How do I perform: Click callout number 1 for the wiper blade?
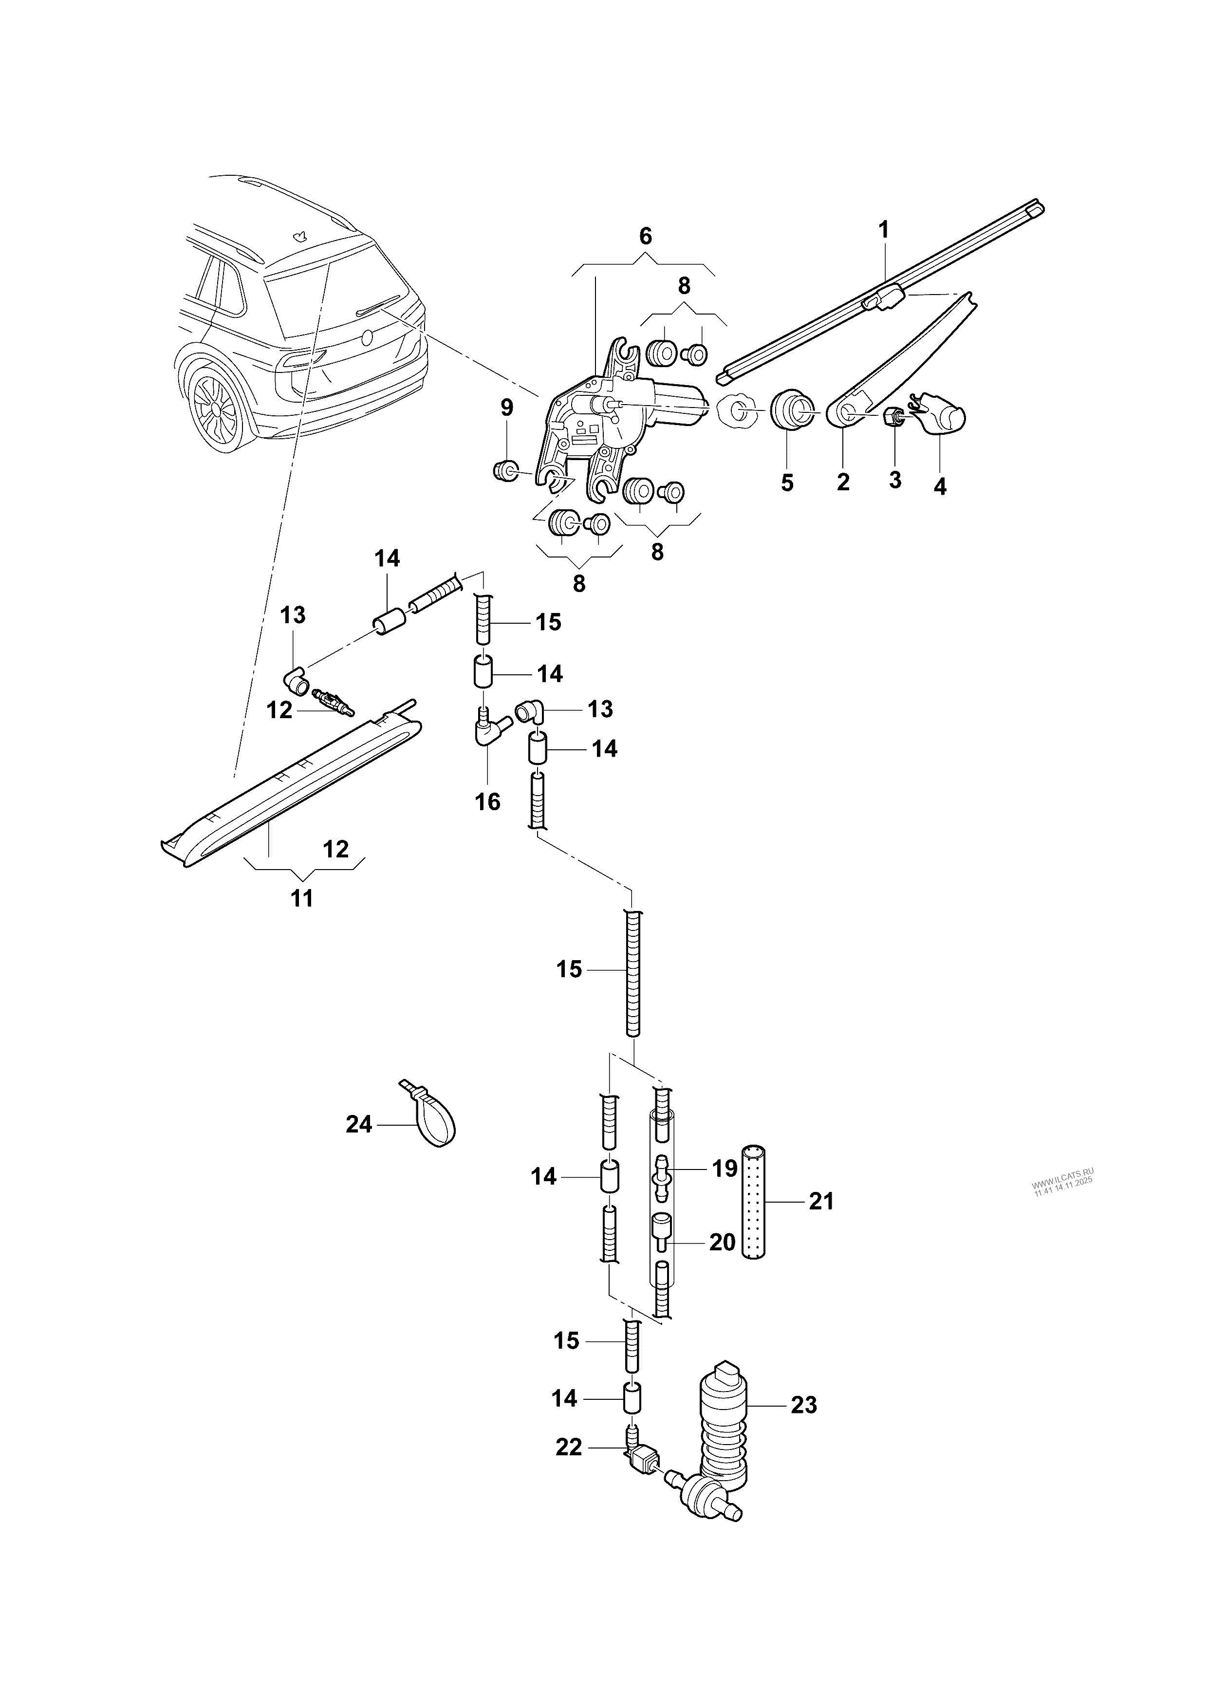884,230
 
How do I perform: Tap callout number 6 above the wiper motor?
645,237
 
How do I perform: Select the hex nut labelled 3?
892,419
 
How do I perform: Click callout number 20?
722,1242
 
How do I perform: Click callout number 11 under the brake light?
301,899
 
